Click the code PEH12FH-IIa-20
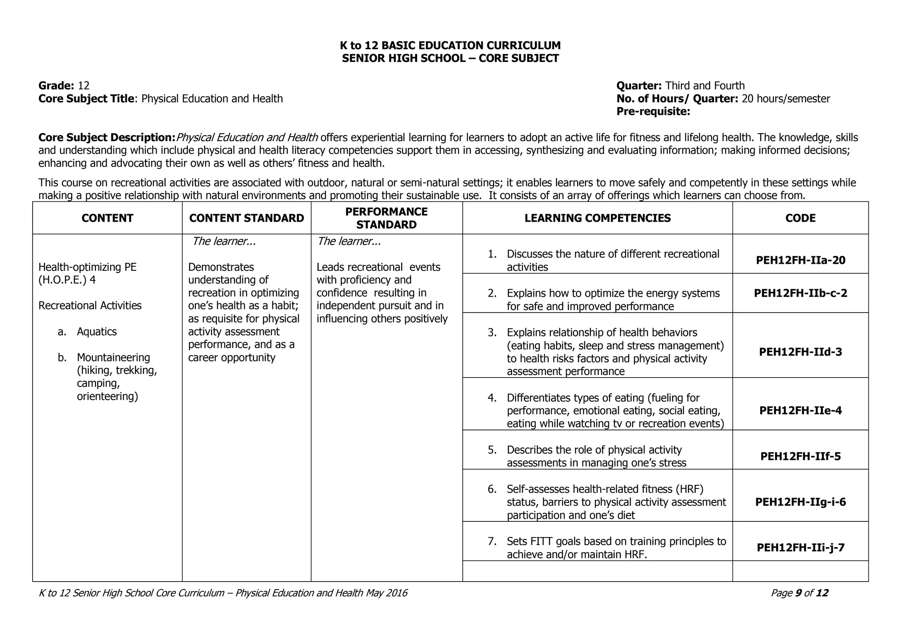(x=800, y=260)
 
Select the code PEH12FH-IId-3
(x=800, y=352)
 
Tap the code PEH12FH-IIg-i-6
(x=800, y=502)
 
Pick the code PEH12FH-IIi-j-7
(x=800, y=548)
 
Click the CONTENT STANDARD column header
(x=246, y=218)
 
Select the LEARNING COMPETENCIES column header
(x=597, y=218)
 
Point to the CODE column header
(x=800, y=218)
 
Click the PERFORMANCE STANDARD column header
(x=386, y=218)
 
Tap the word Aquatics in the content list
(x=97, y=331)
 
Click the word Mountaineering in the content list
(x=114, y=357)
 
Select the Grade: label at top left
(x=56, y=86)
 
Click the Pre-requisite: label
(x=653, y=112)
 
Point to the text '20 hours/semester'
(x=786, y=98)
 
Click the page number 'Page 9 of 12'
(x=799, y=593)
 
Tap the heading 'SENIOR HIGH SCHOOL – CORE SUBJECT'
(x=450, y=58)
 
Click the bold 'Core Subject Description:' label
(x=107, y=138)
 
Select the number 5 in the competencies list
(x=492, y=450)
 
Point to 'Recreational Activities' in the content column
(x=90, y=306)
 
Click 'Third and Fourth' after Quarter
(x=705, y=86)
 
